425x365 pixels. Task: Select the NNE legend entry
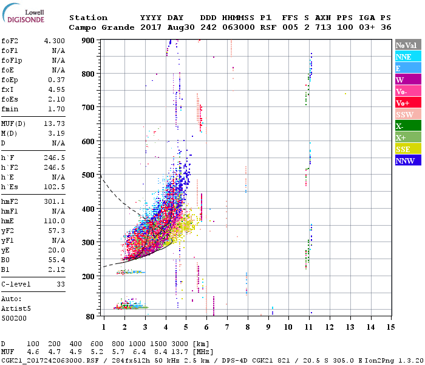pyautogui.click(x=408, y=57)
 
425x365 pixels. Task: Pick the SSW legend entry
pyautogui.click(x=408, y=114)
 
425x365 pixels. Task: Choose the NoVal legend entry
pyautogui.click(x=408, y=45)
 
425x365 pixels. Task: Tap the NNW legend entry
pyautogui.click(x=408, y=161)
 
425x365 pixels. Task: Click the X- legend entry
pyautogui.click(x=408, y=126)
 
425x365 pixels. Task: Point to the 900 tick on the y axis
pyautogui.click(x=89, y=41)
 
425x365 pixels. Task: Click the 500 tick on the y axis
pyautogui.click(x=89, y=175)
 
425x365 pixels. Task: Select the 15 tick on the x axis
pyautogui.click(x=390, y=327)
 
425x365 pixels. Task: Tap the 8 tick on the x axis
pyautogui.click(x=247, y=327)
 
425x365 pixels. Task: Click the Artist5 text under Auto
pyautogui.click(x=16, y=308)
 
